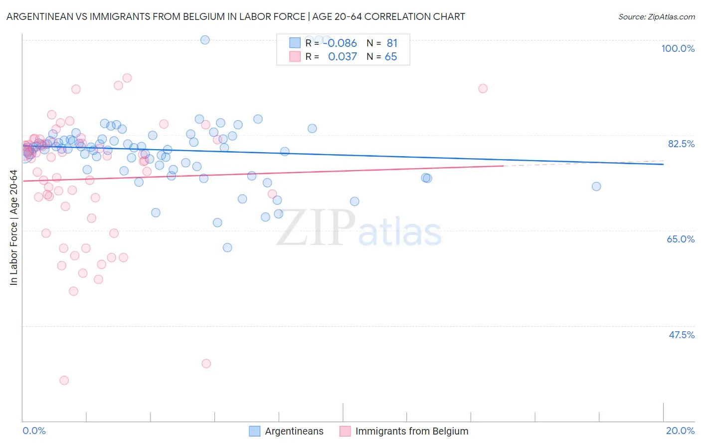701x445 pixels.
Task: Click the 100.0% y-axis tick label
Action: [x=678, y=48]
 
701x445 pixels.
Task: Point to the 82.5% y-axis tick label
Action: [x=681, y=144]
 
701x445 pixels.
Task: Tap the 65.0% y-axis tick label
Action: [x=681, y=239]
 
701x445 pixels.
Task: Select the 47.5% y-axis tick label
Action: [x=681, y=335]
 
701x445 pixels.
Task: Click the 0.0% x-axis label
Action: [x=34, y=431]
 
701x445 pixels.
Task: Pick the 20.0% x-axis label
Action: [x=680, y=431]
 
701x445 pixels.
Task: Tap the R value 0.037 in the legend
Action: [x=342, y=57]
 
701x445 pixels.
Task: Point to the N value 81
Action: [x=392, y=43]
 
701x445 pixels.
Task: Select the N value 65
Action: [x=391, y=57]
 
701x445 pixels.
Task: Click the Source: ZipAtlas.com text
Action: [x=656, y=17]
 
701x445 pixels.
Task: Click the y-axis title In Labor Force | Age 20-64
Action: [x=14, y=227]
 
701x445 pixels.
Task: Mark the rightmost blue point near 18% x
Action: [x=596, y=187]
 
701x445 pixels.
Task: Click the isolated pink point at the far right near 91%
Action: [x=483, y=89]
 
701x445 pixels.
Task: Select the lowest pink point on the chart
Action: [x=64, y=380]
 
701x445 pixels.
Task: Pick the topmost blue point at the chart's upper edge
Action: [x=205, y=40]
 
